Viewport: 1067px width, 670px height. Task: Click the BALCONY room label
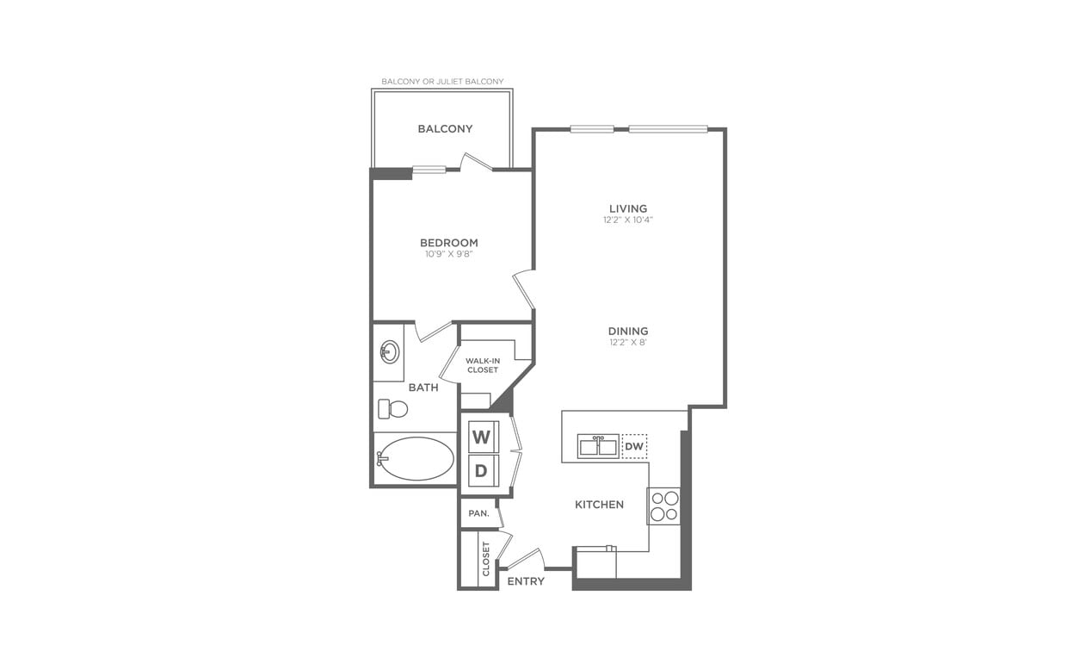coord(445,129)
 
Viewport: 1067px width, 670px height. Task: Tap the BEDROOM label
coord(448,243)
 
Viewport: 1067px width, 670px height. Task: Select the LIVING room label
coord(628,208)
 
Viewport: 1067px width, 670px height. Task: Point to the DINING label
coord(628,331)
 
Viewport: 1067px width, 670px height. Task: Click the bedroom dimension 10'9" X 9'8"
coord(448,254)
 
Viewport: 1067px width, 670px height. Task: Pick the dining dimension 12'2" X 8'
coord(628,342)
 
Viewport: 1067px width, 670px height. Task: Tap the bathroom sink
coord(389,351)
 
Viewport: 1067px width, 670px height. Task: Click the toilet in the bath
coord(392,408)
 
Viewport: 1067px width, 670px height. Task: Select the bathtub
coord(416,458)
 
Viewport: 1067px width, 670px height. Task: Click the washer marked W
coord(482,437)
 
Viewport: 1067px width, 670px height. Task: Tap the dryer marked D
coord(482,470)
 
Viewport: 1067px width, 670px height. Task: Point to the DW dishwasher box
coord(633,446)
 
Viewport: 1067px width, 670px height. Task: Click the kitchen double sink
coord(597,446)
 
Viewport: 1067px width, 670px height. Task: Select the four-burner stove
coord(663,506)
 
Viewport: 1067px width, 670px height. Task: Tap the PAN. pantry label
coord(478,513)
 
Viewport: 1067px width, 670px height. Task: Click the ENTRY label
coord(526,581)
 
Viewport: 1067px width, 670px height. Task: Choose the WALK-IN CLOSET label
coord(483,365)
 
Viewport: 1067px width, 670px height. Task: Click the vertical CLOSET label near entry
coord(486,558)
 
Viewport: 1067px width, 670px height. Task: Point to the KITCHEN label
coord(600,505)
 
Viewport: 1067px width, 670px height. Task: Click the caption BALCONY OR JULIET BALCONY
coord(442,82)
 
